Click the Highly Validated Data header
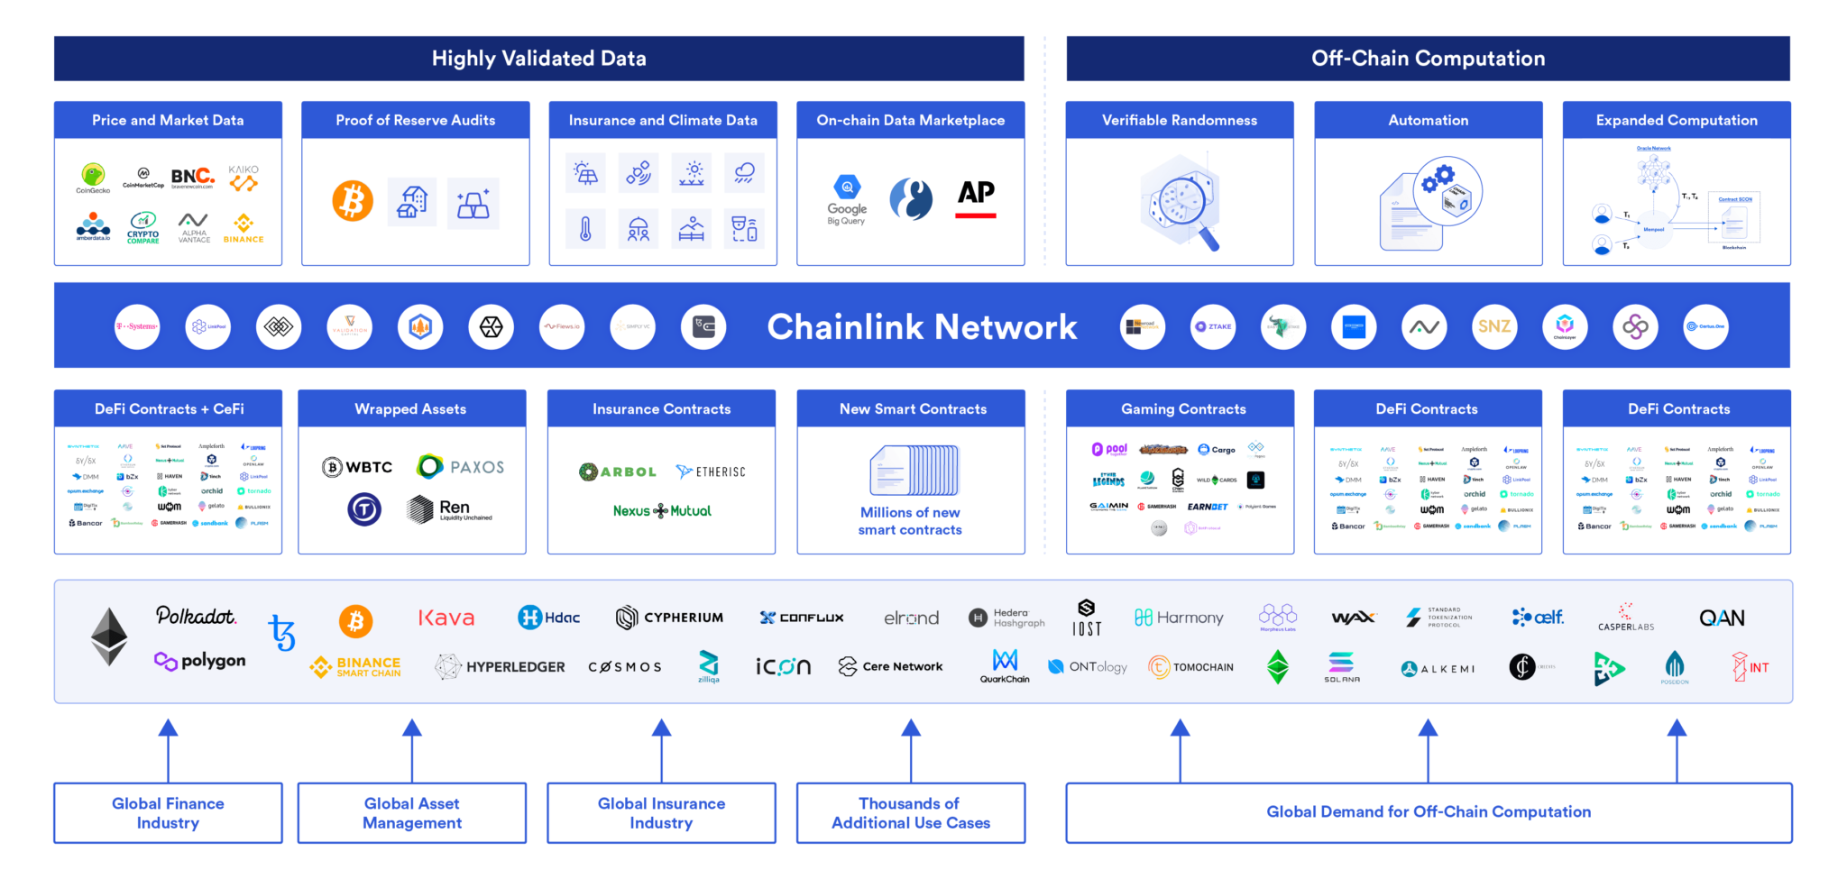point(538,59)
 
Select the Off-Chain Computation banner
point(1428,59)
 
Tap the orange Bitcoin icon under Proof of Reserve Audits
point(353,201)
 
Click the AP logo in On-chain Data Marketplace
point(976,197)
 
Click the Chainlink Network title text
point(922,327)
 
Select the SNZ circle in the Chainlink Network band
point(1493,326)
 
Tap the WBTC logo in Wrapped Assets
point(358,467)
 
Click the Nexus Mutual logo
point(662,511)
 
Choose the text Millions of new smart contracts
point(910,521)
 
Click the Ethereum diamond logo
point(109,636)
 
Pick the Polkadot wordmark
point(196,616)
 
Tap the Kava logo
point(446,618)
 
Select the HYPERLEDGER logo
point(501,667)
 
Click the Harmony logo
point(1179,618)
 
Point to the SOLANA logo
point(1341,667)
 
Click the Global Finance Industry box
point(168,813)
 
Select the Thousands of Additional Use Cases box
point(910,813)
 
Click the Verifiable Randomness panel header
point(1179,120)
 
